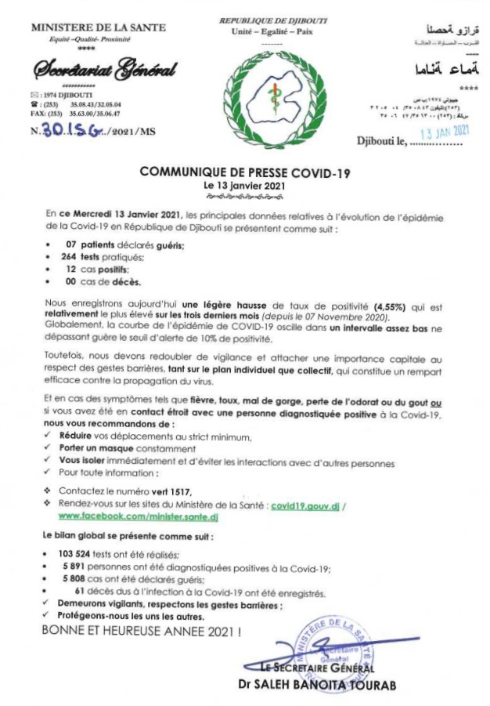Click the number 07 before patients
click(x=70, y=244)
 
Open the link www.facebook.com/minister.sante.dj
click(x=127, y=518)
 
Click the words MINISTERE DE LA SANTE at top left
click(x=99, y=27)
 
